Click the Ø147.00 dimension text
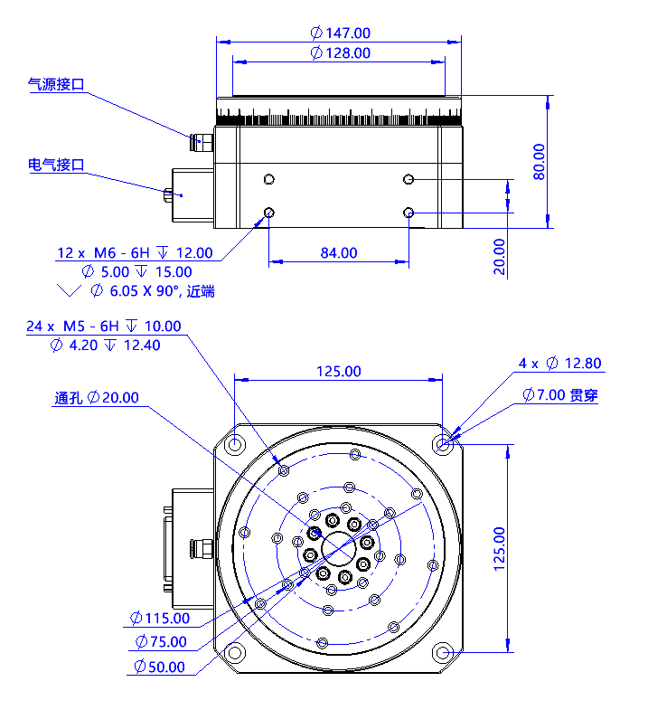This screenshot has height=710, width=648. pos(340,33)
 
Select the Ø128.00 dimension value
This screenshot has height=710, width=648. pos(340,53)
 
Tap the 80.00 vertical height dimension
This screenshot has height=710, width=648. pos(540,162)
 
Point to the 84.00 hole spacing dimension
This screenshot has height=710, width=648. pos(338,253)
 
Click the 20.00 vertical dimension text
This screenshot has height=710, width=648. pos(500,257)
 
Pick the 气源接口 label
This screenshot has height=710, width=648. pos(56,85)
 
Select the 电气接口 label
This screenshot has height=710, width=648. pos(56,165)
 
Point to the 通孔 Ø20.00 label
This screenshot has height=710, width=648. pos(97,397)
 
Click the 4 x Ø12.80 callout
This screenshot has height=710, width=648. pos(559,364)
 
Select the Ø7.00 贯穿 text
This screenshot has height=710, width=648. pos(560,395)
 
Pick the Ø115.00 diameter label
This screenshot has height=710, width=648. pos(160,619)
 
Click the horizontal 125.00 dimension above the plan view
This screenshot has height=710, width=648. pos(338,372)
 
